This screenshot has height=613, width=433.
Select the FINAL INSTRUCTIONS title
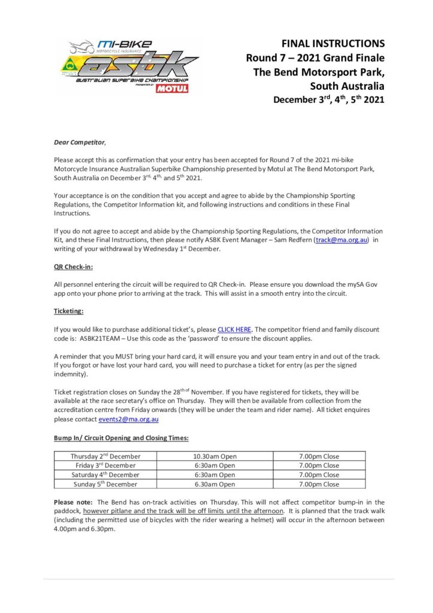point(333,44)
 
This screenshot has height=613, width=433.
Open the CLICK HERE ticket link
point(234,329)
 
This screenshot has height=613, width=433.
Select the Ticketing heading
point(69,312)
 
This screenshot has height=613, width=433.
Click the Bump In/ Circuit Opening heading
point(121,438)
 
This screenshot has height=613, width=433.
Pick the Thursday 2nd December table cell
point(105,456)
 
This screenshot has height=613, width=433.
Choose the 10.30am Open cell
point(215,456)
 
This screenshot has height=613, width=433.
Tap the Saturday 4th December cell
point(105,475)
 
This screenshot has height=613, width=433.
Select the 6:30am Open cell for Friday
point(215,465)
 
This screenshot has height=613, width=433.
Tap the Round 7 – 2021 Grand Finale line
point(315,57)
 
